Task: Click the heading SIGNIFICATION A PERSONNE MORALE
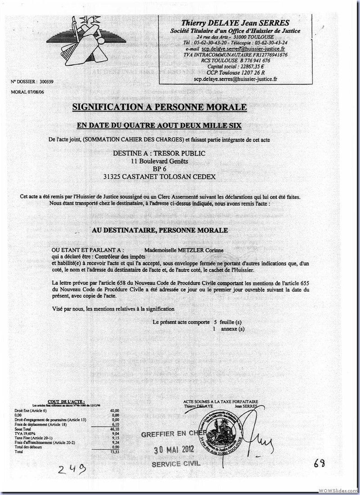point(160,107)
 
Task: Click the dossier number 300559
point(45,82)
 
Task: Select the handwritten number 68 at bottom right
point(319,463)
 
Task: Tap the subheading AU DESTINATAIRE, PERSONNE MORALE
point(160,230)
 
